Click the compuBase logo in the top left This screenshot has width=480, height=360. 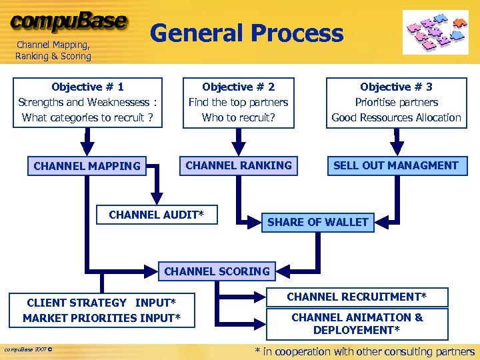(69, 21)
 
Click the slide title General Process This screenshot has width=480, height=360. (247, 33)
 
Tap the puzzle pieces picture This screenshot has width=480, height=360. (435, 31)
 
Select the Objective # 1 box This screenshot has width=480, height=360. (87, 102)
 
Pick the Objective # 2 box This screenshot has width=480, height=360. (238, 102)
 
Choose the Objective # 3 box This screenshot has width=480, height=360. (396, 102)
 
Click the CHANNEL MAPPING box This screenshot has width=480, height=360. (87, 166)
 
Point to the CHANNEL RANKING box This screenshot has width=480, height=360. (238, 165)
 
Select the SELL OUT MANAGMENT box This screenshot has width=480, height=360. (396, 165)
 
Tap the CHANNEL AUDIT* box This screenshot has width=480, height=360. (156, 215)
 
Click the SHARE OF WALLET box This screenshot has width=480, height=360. (317, 222)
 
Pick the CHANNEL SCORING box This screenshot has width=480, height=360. (217, 271)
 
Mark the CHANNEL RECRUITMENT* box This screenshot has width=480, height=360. (357, 297)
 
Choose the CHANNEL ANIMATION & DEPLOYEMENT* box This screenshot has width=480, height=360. (357, 323)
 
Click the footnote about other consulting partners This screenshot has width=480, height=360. (365, 351)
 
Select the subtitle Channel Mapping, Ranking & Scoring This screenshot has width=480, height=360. (53, 51)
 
